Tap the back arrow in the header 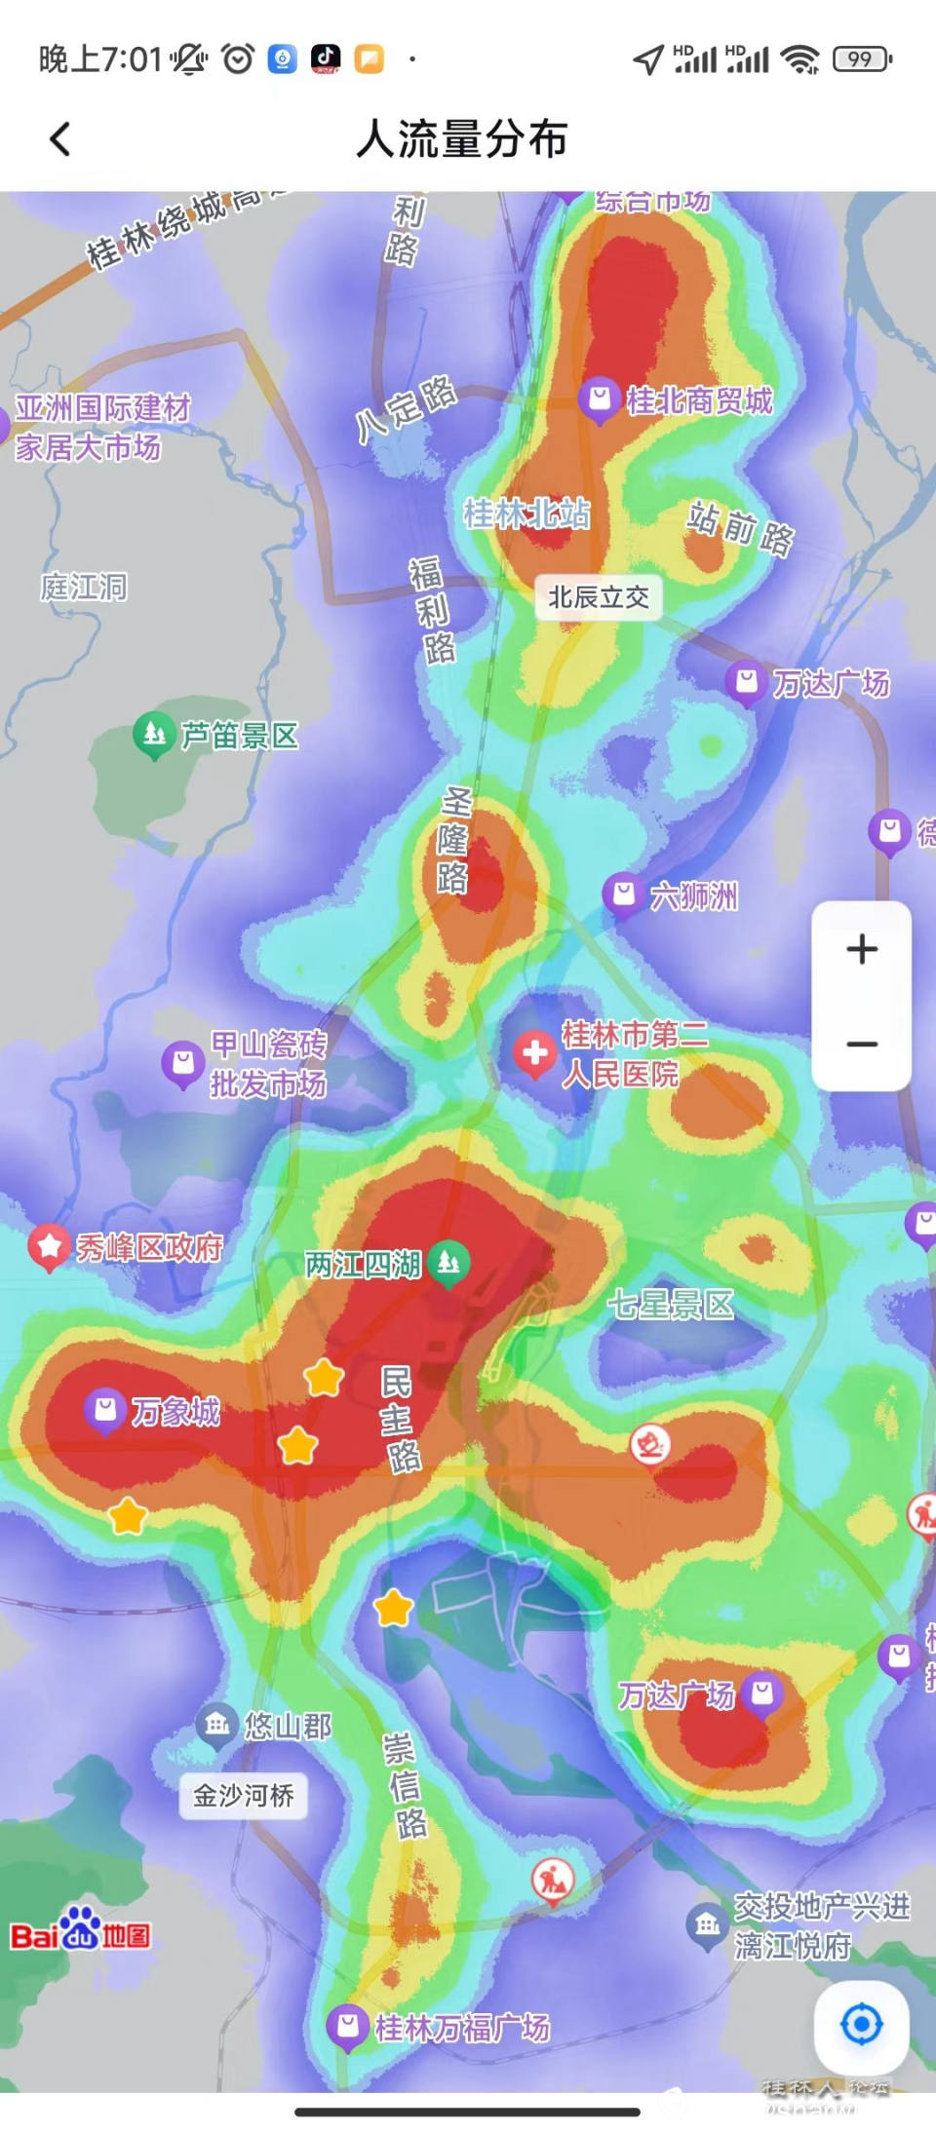point(60,139)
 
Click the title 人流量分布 point(462,139)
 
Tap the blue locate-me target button point(862,2024)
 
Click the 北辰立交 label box point(599,597)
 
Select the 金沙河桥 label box point(244,1795)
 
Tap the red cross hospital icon point(534,1053)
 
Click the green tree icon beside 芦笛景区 point(153,734)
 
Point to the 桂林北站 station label point(526,514)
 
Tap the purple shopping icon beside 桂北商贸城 point(600,399)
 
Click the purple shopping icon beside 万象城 point(105,1409)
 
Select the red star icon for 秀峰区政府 point(48,1246)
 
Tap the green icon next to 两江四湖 point(448,1264)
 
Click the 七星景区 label point(671,1305)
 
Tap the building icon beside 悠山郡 point(216,1726)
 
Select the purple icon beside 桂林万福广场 point(346,2027)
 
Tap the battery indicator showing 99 point(862,59)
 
